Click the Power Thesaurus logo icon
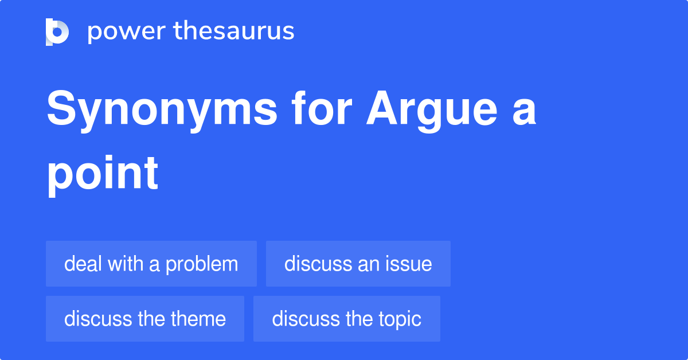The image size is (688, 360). pyautogui.click(x=57, y=32)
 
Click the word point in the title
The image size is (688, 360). pyautogui.click(x=102, y=173)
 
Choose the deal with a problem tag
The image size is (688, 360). pyautogui.click(x=151, y=264)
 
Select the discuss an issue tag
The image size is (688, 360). pyautogui.click(x=358, y=264)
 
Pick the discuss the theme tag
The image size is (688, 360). pyautogui.click(x=145, y=319)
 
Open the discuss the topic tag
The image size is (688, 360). pyautogui.click(x=347, y=319)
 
